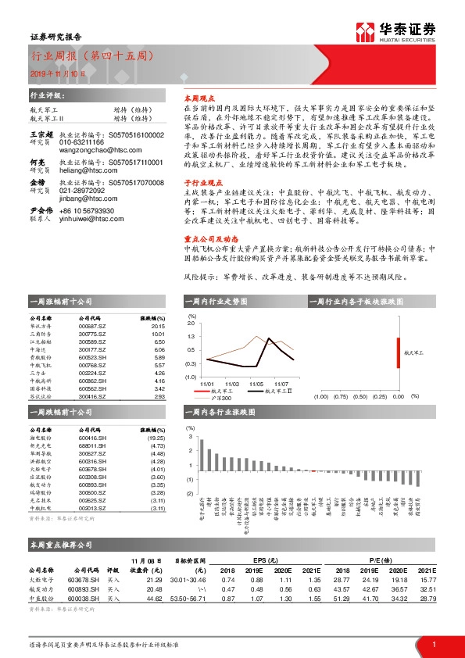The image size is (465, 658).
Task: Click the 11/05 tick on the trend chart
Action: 256,384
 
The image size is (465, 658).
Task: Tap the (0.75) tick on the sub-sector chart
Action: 342,396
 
